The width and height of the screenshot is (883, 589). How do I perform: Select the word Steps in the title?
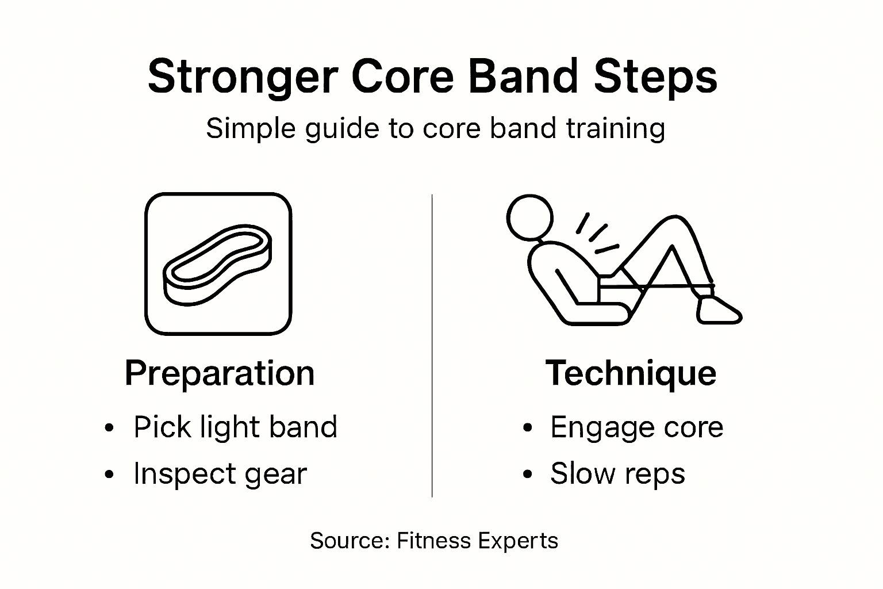(655, 77)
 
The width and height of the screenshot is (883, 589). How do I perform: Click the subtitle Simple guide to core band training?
(435, 128)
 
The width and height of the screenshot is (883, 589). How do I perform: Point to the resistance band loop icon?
(218, 264)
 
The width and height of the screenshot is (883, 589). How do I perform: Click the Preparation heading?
(220, 373)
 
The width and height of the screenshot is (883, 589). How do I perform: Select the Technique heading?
(631, 373)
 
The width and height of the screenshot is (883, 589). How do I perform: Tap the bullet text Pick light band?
(235, 427)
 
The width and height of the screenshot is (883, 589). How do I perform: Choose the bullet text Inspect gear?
(220, 474)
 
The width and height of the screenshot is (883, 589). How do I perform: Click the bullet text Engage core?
(636, 427)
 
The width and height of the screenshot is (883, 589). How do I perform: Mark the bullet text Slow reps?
(617, 474)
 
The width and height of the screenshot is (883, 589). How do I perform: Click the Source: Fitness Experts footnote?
(434, 541)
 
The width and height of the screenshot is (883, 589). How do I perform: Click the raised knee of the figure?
(673, 224)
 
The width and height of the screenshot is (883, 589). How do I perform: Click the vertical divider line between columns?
(432, 345)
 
